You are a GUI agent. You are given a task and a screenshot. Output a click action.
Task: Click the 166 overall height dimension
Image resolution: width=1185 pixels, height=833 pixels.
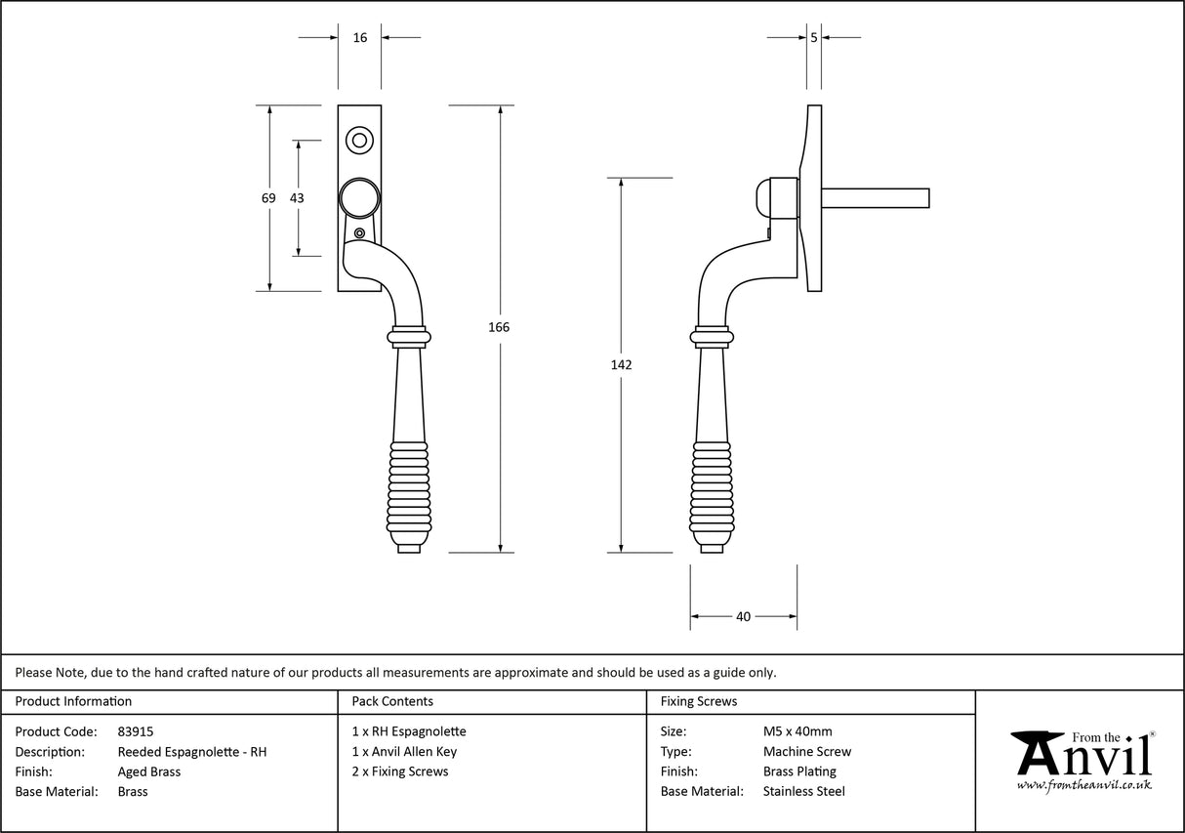coord(499,327)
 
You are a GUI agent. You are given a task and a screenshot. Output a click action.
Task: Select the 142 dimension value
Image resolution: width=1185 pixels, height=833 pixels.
coord(622,364)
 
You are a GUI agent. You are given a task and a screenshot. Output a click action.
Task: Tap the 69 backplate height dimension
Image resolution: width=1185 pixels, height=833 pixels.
coord(268,198)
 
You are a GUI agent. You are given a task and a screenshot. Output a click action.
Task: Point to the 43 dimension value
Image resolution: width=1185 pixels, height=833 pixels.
coord(297,198)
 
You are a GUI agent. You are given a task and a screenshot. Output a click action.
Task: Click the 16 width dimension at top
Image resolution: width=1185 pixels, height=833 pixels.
coord(360,38)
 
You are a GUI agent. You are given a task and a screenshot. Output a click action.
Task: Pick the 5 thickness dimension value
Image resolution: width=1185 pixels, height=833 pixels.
coord(814,38)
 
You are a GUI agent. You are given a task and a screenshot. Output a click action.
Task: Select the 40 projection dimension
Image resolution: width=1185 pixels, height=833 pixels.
coord(743,616)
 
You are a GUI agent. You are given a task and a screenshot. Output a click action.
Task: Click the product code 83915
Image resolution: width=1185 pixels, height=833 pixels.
coord(135,731)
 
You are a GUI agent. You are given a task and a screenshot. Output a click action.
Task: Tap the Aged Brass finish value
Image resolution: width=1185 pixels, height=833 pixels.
coord(148,771)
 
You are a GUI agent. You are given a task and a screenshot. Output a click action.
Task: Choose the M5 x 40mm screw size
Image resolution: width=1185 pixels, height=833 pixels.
coord(797,731)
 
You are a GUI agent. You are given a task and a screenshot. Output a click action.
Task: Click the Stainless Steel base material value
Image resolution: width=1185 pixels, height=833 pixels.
coord(803,792)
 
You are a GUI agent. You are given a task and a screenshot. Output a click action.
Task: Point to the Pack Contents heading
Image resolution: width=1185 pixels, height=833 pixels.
coord(392,701)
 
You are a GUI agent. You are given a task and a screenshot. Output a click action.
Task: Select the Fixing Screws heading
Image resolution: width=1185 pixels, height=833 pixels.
coord(699,701)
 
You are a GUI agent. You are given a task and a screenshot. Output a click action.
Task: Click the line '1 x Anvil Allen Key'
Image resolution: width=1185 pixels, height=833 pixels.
coord(404,752)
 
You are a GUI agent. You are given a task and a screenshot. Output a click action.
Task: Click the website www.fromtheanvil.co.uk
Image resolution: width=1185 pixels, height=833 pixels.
coord(1083,785)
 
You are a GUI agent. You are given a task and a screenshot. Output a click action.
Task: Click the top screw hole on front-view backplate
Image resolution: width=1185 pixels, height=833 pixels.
coord(359,141)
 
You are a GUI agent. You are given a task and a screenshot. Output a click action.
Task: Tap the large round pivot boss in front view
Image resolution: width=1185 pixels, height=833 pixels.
coord(358,198)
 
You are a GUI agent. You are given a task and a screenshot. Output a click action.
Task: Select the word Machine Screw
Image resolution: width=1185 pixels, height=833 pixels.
coord(806,752)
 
